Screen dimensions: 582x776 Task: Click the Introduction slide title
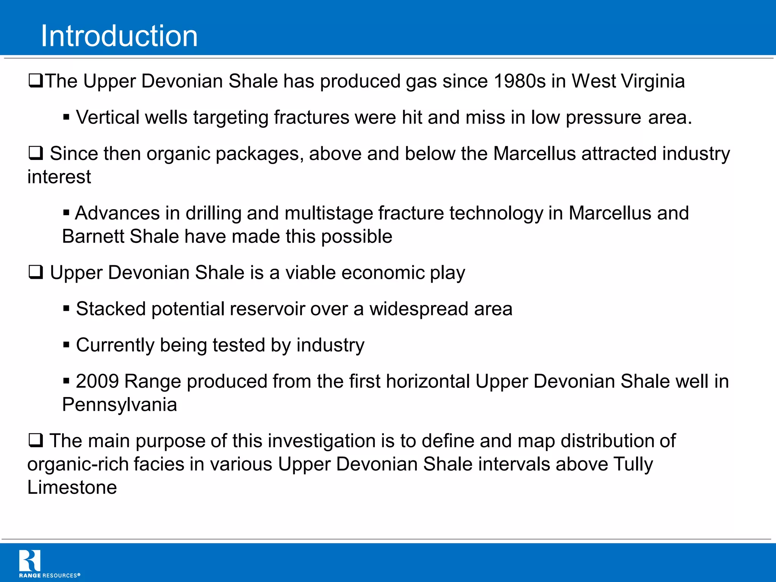coord(119,36)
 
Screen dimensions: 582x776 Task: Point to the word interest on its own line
coord(59,177)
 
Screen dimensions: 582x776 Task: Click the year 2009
coord(97,381)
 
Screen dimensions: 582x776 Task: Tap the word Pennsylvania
coord(119,405)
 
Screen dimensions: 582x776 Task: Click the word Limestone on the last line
coord(72,487)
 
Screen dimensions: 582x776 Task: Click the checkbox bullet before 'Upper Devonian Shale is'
coord(36,272)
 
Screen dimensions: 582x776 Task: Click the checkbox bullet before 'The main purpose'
coord(36,440)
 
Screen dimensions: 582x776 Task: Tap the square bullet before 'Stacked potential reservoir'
coord(66,308)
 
